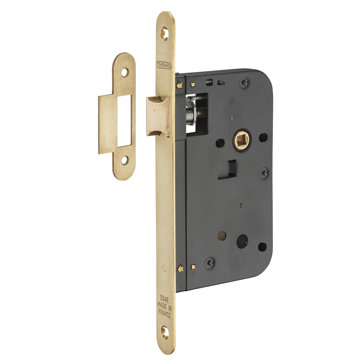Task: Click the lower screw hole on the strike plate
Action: (124, 160)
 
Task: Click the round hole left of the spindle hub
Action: (220, 143)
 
